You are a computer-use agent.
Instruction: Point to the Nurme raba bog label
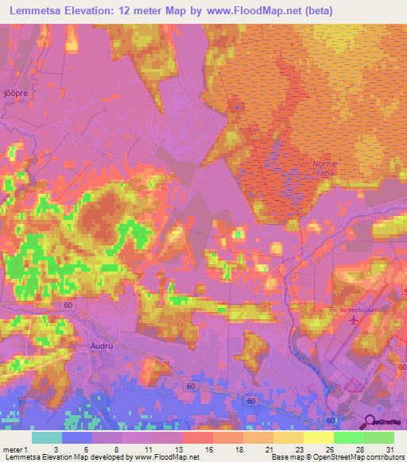point(326,168)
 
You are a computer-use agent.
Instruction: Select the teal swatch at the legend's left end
point(46,437)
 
